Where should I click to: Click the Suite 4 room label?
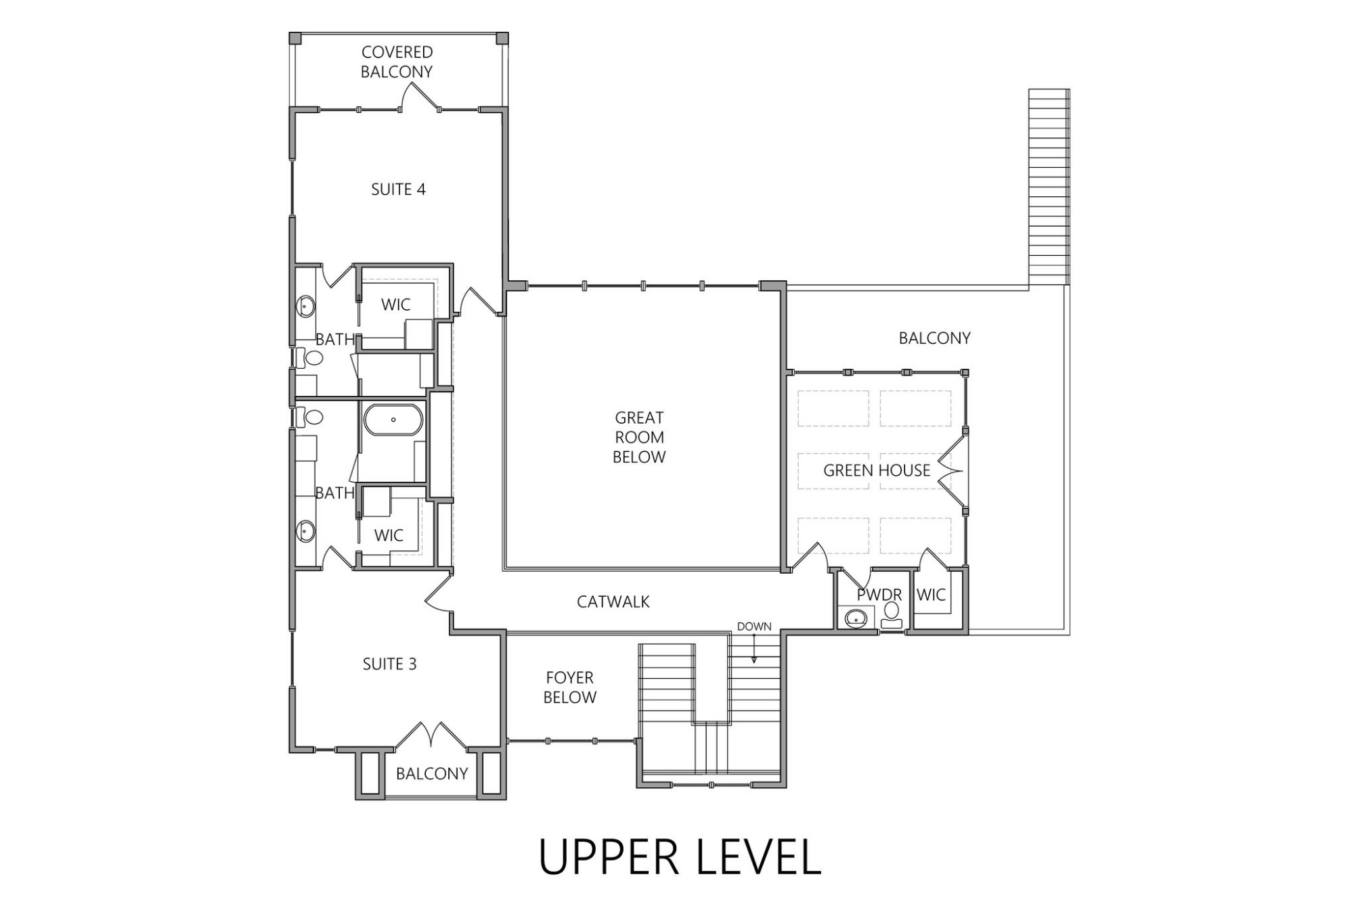[x=398, y=189]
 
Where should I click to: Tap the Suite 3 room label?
[x=389, y=664]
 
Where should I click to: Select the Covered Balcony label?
[x=397, y=62]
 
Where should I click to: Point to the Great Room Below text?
[x=639, y=437]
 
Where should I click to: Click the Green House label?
[x=876, y=470]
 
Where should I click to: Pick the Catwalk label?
[x=613, y=602]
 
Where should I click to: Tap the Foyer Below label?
[x=569, y=687]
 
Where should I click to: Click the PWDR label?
[x=879, y=595]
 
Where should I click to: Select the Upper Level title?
[x=679, y=857]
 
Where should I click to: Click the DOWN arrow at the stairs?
[x=754, y=651]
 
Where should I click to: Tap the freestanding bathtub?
[x=393, y=420]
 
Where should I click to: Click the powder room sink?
[x=856, y=617]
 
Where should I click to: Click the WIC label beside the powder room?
[x=931, y=595]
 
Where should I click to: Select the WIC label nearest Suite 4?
[x=395, y=305]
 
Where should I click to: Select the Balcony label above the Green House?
[x=934, y=338]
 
